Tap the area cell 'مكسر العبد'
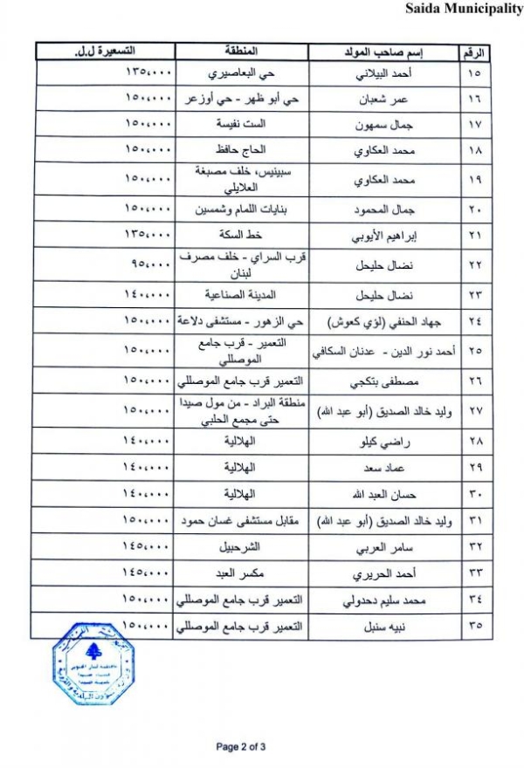[x=240, y=574]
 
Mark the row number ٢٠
[x=474, y=209]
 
